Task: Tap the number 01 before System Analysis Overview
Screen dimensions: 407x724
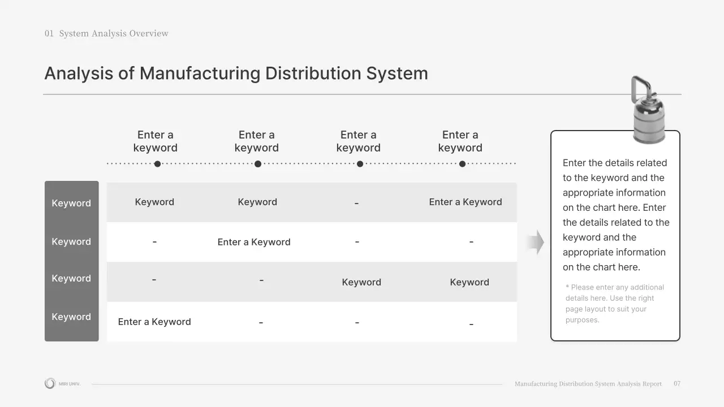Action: [x=49, y=33]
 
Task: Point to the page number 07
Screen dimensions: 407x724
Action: [x=677, y=384]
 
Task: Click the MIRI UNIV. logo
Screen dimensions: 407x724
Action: [x=62, y=384]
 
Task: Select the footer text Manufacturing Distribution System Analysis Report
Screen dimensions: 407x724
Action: [x=588, y=384]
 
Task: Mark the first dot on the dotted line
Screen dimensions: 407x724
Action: [x=157, y=164]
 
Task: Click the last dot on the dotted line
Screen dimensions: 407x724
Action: [x=462, y=164]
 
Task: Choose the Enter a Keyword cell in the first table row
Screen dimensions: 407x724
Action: [x=465, y=202]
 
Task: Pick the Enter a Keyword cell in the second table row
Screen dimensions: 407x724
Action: [x=254, y=242]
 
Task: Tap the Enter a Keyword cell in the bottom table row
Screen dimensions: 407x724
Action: [x=154, y=322]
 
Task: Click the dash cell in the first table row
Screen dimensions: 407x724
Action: [x=356, y=203]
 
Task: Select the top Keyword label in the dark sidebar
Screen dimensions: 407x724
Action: [x=71, y=203]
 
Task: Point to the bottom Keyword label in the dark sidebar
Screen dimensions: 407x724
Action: [x=71, y=317]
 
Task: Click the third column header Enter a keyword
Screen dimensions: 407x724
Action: [x=358, y=141]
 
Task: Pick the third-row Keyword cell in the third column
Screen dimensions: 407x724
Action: [x=361, y=282]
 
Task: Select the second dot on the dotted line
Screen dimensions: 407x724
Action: [x=258, y=164]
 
